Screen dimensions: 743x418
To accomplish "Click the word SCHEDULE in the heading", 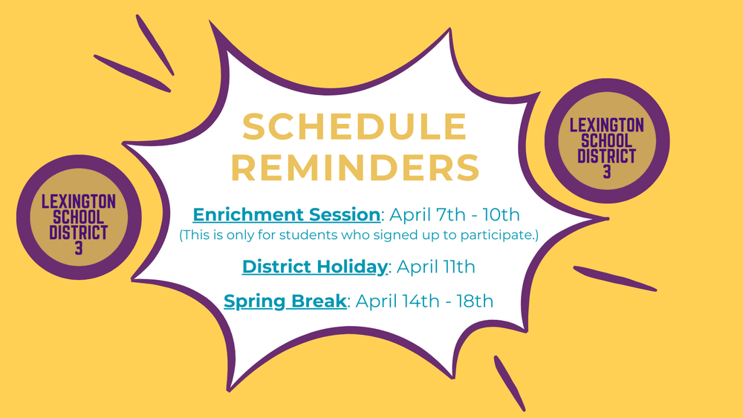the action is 354,126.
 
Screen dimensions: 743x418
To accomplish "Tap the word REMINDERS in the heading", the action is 355,167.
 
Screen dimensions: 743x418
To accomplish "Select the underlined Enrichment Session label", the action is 286,215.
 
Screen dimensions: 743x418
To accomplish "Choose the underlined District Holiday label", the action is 314,267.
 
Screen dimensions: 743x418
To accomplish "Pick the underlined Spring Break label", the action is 285,301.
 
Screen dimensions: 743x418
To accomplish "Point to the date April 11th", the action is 436,267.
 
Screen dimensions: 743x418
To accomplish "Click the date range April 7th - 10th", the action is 455,215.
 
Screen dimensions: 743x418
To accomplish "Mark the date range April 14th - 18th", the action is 424,301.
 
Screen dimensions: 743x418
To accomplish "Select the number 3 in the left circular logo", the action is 79,248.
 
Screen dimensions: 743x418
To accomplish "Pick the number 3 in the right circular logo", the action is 607,172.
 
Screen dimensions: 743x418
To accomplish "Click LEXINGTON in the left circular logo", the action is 79,202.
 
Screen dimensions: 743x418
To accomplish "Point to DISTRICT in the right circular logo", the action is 606,156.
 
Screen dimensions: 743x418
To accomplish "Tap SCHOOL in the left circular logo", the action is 79,218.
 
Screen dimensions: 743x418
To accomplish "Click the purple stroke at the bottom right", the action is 510,383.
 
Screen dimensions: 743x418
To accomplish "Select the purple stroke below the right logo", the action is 615,278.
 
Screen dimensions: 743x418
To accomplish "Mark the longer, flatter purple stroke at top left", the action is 132,73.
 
